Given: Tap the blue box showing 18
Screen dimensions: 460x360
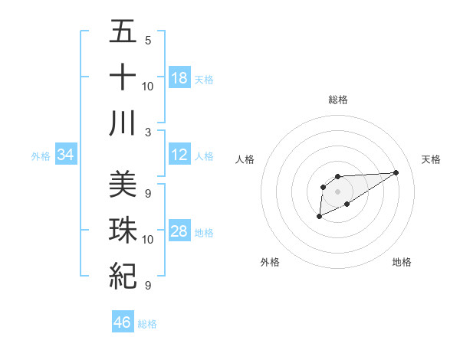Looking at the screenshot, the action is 179,78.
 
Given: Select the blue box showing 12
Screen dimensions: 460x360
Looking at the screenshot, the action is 179,155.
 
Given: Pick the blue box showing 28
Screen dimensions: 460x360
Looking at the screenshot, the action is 179,232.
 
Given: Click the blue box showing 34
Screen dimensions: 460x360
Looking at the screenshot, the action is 66,155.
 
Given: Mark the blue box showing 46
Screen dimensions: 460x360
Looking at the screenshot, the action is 123,322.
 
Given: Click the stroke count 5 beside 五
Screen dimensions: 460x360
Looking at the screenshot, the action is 147,41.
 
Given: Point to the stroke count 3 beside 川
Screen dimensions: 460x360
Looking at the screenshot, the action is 147,132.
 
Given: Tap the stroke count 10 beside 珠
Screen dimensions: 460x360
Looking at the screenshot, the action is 148,240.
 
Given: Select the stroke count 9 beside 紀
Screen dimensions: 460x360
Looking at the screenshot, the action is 147,286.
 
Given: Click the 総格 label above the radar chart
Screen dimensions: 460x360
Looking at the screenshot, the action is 337,100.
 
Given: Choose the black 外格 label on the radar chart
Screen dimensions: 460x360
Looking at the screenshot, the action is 270,262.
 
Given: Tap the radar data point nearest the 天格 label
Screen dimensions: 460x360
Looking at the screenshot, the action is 396,172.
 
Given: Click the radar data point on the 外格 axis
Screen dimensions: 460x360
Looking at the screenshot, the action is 319,218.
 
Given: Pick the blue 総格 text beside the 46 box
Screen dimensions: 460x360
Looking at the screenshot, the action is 147,324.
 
